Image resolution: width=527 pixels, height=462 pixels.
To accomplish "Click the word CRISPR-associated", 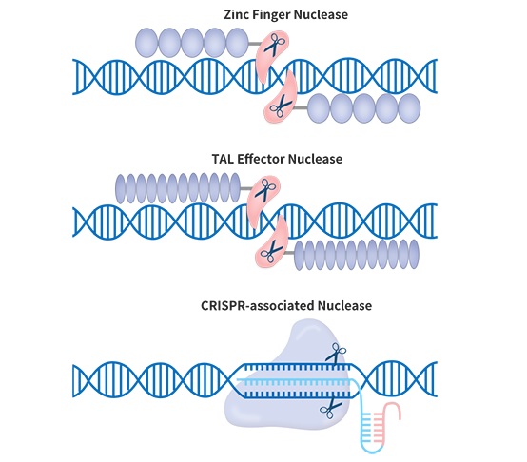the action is click(x=258, y=306).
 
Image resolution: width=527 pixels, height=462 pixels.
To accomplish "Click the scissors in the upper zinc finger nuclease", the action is click(x=275, y=44).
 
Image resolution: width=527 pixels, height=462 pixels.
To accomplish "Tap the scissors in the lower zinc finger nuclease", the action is click(x=281, y=106).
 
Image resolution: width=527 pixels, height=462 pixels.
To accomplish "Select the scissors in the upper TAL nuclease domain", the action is click(x=265, y=190).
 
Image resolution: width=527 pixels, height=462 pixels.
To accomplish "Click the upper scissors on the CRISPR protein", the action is click(x=336, y=354).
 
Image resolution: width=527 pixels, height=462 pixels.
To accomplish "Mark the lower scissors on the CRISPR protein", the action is click(x=331, y=407).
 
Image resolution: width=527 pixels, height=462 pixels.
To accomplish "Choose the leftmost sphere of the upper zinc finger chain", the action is click(x=146, y=43).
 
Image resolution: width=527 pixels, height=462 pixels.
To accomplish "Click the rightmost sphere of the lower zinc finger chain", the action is click(x=409, y=108).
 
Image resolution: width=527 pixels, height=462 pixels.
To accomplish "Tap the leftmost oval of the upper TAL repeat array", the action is click(x=120, y=188).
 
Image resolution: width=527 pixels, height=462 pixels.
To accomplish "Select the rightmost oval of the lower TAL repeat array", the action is click(x=414, y=254).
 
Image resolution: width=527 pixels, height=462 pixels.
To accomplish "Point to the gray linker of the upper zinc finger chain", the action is click(x=254, y=44).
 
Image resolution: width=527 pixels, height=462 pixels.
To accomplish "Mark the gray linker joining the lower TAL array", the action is click(x=288, y=253).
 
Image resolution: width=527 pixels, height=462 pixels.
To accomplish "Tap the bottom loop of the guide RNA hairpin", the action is click(x=372, y=450).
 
